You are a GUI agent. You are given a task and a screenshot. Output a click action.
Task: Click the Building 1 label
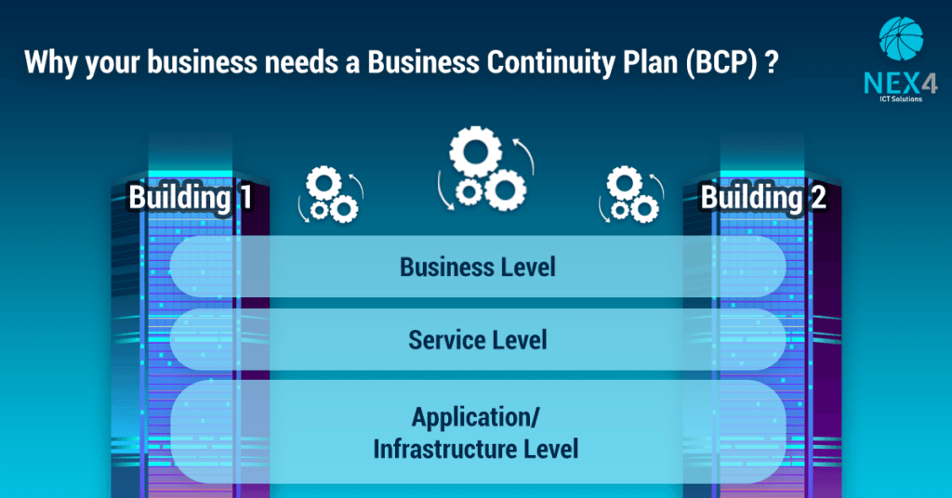click(x=191, y=198)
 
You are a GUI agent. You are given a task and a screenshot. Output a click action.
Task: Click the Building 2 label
click(x=762, y=198)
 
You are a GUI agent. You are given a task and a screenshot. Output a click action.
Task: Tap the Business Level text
click(x=477, y=267)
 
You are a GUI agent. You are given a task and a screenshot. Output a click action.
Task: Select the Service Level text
click(x=477, y=340)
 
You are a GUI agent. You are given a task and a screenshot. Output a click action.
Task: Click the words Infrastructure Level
click(x=476, y=450)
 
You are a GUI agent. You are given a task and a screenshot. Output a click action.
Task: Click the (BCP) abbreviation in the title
click(x=721, y=63)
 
